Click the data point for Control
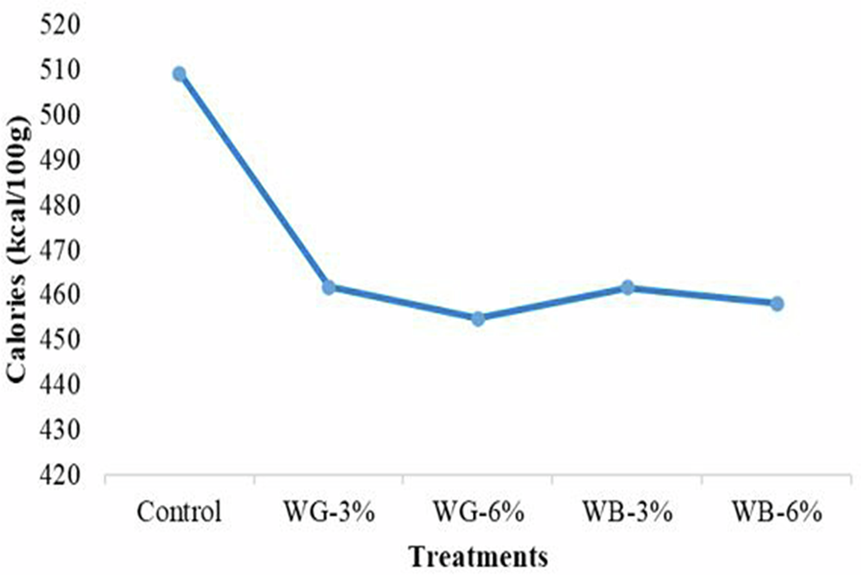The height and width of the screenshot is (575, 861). [179, 74]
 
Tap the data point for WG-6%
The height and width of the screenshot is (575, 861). [478, 318]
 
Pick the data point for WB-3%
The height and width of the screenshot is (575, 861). [628, 287]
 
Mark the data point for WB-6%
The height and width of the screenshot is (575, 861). [777, 304]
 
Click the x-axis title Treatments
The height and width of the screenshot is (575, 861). [478, 556]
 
